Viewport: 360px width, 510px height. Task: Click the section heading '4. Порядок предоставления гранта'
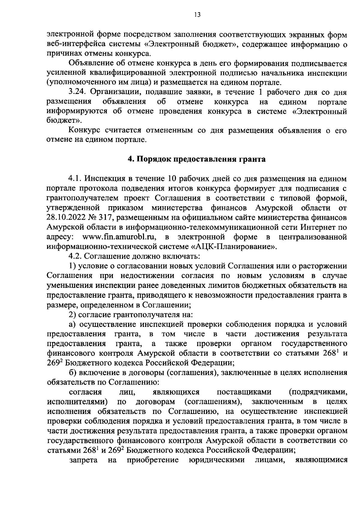197,159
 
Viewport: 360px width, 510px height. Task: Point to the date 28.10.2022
64,218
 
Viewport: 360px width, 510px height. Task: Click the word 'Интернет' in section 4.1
319,227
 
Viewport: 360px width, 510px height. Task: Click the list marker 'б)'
73,373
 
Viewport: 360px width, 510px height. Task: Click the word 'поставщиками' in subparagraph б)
244,392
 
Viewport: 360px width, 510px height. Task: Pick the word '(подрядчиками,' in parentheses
318,392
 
